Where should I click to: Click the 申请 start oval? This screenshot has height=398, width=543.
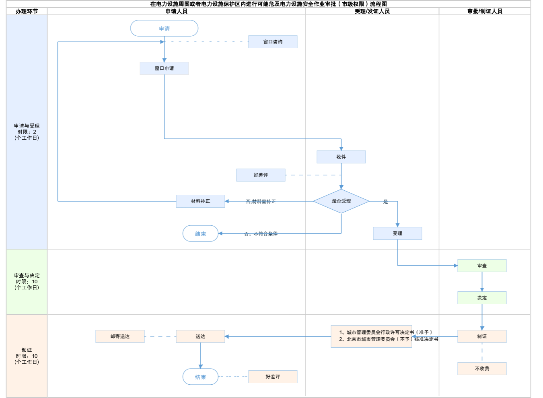(x=164, y=29)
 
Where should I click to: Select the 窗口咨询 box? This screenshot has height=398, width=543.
(x=273, y=42)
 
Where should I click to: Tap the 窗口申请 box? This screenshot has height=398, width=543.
(x=164, y=68)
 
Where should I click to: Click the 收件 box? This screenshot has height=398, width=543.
(x=341, y=157)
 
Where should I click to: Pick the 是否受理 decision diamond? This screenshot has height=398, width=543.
(x=341, y=201)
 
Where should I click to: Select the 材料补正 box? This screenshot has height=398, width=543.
(x=200, y=201)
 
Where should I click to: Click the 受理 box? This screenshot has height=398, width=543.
(x=397, y=233)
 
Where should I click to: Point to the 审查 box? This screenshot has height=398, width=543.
(x=482, y=266)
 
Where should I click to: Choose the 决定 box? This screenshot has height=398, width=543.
(x=482, y=298)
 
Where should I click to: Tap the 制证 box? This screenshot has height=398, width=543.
(x=482, y=336)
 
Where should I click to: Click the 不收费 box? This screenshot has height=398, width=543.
(x=482, y=369)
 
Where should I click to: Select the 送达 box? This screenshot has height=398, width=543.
(x=200, y=336)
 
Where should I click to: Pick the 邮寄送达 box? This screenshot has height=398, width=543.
(x=120, y=336)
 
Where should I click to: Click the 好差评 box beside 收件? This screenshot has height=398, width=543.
(x=261, y=175)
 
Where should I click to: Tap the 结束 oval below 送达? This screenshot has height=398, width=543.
(x=200, y=377)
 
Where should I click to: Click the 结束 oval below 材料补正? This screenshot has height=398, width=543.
(x=200, y=234)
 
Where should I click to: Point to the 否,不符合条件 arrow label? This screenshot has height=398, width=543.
(x=261, y=234)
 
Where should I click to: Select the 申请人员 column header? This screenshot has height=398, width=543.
(x=176, y=11)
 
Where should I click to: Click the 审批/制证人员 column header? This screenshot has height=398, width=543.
(x=485, y=11)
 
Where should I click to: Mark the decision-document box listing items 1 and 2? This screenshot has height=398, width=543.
(x=371, y=336)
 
